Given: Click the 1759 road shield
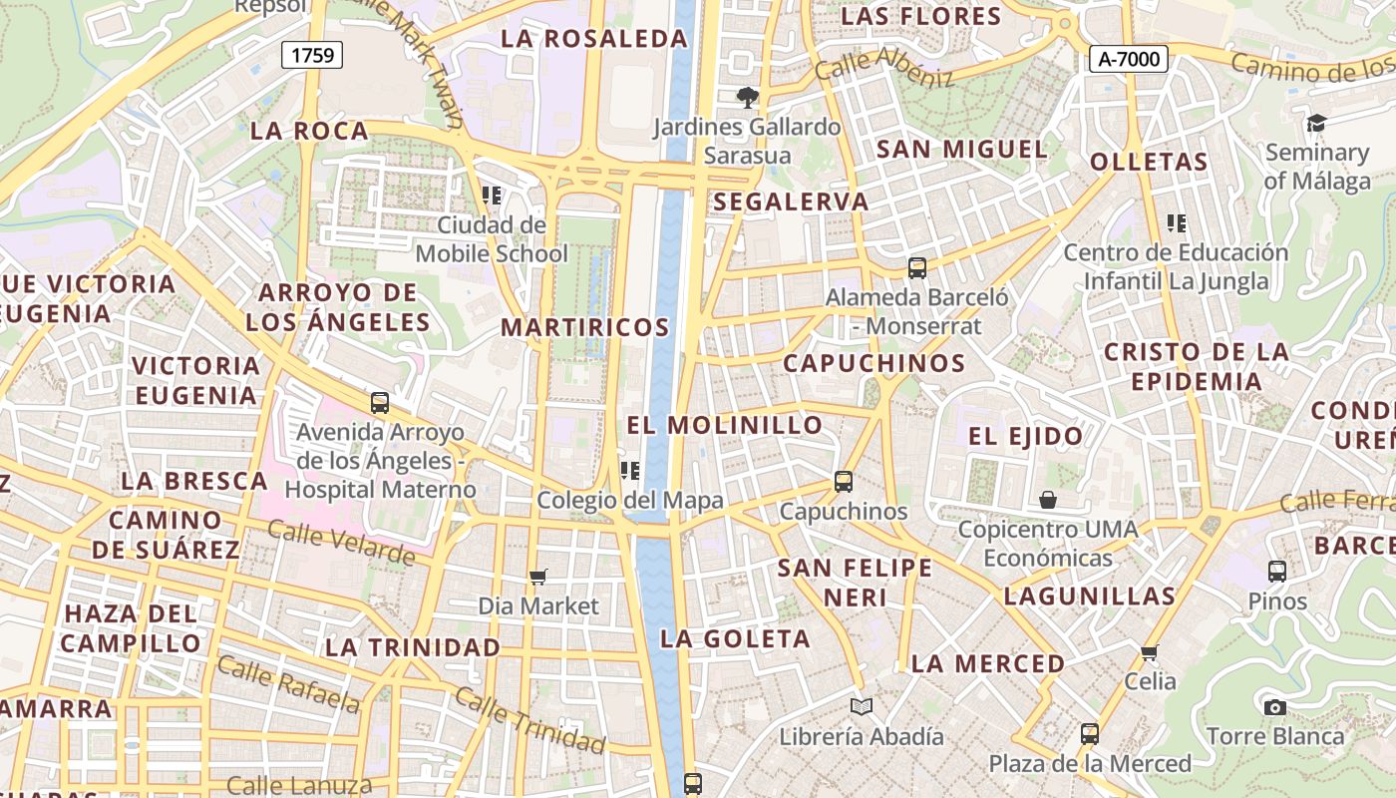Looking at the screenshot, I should tap(312, 55).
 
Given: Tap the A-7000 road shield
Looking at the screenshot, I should tap(1128, 60).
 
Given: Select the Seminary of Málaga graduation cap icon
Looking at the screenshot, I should tap(1316, 123).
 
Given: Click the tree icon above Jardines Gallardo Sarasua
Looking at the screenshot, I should tap(746, 97).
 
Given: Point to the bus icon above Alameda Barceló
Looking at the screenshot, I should tap(916, 267).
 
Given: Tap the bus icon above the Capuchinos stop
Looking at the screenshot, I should tap(844, 482).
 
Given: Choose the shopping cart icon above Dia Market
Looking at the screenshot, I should tap(538, 577).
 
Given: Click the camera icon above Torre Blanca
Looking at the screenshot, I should tap(1274, 707).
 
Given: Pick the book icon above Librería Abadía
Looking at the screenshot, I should tap(862, 706).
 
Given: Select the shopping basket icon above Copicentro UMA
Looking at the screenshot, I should tap(1048, 499).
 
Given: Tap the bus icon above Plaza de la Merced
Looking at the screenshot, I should tap(1089, 734).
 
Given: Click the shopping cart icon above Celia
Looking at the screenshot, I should tap(1150, 652).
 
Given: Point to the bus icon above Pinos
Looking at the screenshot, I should tap(1276, 572).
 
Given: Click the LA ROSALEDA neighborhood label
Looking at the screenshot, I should tap(594, 39).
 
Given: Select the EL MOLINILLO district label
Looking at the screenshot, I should tap(725, 425).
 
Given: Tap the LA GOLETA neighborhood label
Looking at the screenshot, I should tap(735, 638).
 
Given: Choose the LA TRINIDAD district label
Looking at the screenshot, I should tap(413, 646).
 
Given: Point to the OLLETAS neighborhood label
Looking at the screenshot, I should tap(1149, 162).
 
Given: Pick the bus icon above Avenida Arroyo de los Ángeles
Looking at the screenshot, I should tap(379, 403).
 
